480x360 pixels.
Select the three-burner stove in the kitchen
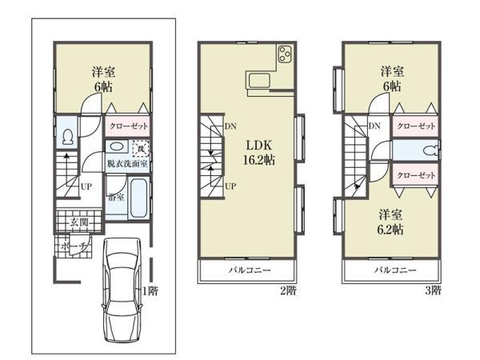pyautogui.click(x=285, y=55)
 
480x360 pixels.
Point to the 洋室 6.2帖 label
pyautogui.click(x=391, y=221)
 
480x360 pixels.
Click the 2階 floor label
pyautogui.click(x=287, y=290)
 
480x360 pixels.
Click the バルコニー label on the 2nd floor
pyautogui.click(x=247, y=270)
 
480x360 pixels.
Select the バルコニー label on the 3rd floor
pyautogui.click(x=391, y=270)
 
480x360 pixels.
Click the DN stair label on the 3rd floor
pyautogui.click(x=374, y=126)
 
